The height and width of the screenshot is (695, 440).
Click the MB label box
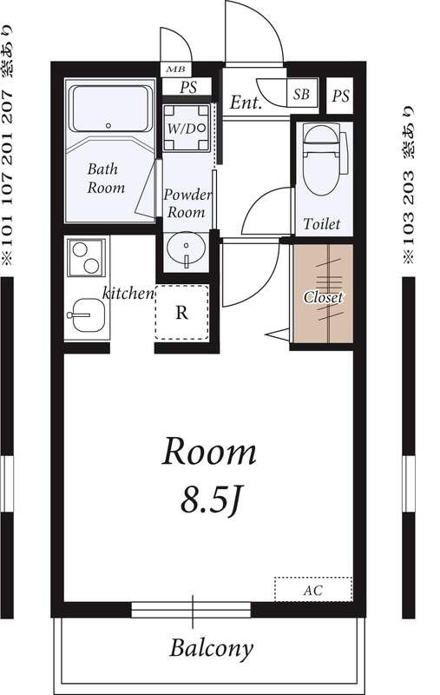[176, 69]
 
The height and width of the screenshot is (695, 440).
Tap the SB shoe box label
[302, 94]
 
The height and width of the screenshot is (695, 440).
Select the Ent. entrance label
[246, 103]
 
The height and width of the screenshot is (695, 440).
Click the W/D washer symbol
[186, 128]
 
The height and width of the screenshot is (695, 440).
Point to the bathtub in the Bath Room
[110, 109]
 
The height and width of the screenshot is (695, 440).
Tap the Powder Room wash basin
[186, 249]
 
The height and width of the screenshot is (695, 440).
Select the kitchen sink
[89, 315]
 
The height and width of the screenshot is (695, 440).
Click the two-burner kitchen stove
[86, 257]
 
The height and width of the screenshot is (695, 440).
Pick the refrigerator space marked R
[181, 313]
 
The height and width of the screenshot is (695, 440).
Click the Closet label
[323, 297]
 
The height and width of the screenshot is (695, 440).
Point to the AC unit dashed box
[313, 589]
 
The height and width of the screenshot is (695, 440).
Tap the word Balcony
[211, 649]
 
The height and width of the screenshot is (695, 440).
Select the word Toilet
[322, 224]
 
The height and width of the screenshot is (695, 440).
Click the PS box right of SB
[340, 96]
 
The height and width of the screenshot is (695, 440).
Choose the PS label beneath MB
[188, 87]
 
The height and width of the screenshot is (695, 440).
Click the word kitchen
[128, 293]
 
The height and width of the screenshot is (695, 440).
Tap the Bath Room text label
[105, 178]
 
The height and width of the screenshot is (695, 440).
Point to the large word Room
[209, 452]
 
